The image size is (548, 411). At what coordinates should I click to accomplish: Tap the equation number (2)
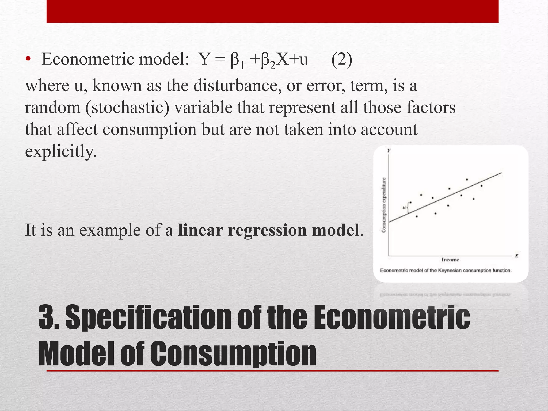[342, 59]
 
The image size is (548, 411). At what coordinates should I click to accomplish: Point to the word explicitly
[61, 151]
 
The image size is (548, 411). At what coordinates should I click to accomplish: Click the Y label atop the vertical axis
[389, 150]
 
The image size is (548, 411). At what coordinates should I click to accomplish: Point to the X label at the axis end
[517, 256]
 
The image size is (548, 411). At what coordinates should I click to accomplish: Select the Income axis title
[450, 260]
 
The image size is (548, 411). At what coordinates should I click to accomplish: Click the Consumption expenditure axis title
[384, 205]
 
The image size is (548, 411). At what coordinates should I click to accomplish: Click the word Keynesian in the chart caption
[450, 271]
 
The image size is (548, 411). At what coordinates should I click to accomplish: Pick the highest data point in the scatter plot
[467, 180]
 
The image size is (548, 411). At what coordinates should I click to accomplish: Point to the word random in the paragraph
[53, 108]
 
